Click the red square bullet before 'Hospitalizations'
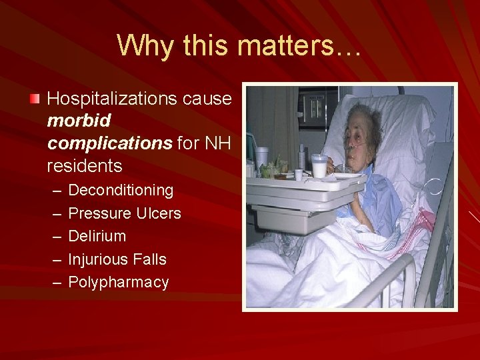click(35, 99)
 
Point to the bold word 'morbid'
click(79, 121)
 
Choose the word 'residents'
click(85, 164)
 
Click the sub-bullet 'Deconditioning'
click(121, 191)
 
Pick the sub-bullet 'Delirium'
click(97, 236)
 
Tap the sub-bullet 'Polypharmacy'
click(119, 282)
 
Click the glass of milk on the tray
click(320, 166)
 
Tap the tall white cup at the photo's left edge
click(262, 157)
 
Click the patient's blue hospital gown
click(380, 200)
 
